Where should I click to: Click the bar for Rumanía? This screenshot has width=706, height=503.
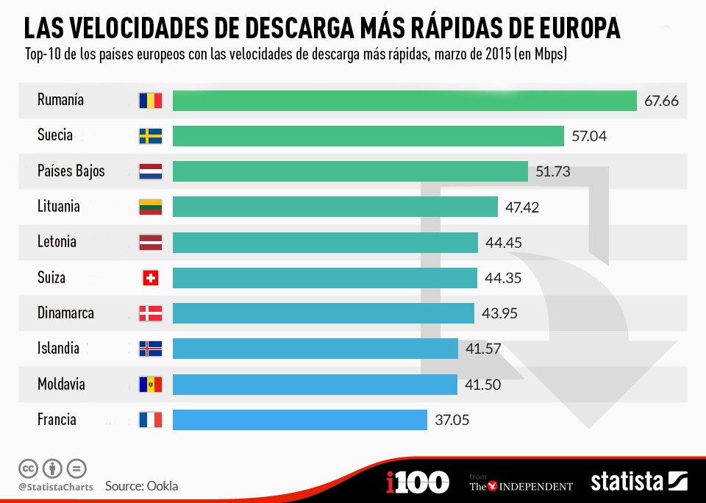pos(404,101)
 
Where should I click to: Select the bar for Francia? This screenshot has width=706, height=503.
pos(300,420)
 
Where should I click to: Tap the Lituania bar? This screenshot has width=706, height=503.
pos(335,207)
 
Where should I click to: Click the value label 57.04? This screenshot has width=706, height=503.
pos(589,136)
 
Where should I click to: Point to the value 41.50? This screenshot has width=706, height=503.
pos(482,385)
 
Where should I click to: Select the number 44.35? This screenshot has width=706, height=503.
pos(504,278)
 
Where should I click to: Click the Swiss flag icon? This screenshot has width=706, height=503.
pos(150,278)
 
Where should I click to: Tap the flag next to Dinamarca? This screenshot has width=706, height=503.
pos(150,313)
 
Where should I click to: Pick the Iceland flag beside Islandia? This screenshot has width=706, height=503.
pos(150,349)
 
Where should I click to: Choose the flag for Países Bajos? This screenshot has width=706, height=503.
pos(150,171)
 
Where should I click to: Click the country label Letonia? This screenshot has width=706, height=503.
pos(57,242)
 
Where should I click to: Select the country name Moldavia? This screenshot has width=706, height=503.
pos(61,384)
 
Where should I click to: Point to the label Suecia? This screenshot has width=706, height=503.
pos(55,135)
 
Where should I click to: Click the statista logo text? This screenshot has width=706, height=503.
pos(627,482)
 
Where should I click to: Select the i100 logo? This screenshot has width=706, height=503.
pos(417,482)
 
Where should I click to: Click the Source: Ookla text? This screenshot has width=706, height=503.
pos(141,486)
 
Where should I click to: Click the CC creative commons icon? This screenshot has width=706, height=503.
pos(28,468)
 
